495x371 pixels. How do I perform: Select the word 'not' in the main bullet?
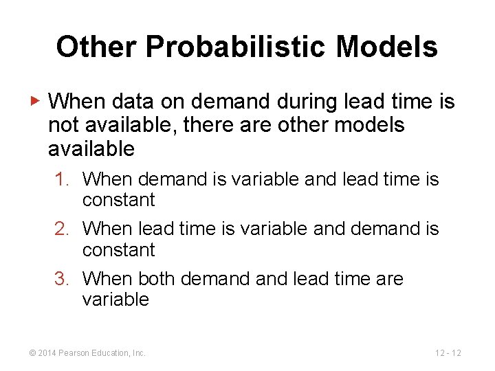click(x=62, y=125)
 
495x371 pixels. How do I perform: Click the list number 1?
click(x=63, y=179)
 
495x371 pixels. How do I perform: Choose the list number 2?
click(x=63, y=229)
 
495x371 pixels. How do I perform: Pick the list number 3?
click(x=63, y=279)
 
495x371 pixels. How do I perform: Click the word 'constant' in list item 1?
click(x=119, y=201)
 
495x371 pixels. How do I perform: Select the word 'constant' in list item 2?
click(x=119, y=250)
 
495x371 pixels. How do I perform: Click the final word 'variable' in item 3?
click(x=115, y=300)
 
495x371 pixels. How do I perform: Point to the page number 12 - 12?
click(x=448, y=353)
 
